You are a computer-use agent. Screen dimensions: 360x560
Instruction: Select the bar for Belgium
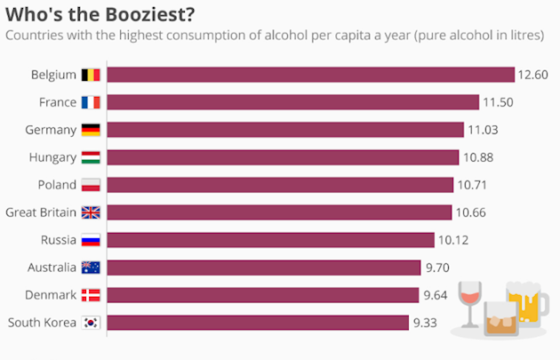point(311,75)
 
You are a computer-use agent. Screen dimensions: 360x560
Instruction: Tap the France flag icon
point(91,102)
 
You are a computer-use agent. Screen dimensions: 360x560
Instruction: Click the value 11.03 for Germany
point(485,130)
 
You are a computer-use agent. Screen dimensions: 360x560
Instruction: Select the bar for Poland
point(280,185)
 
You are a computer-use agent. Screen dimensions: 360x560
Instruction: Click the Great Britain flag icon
point(91,212)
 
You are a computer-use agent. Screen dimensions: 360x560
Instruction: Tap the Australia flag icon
point(91,268)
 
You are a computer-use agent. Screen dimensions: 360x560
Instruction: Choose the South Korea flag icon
point(91,323)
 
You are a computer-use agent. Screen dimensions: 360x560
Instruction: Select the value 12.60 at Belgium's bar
point(536,75)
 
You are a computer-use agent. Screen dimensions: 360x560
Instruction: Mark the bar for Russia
point(270,240)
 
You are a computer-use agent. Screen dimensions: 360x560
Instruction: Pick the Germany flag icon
point(91,130)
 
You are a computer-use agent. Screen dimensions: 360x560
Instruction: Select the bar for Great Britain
point(279,212)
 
